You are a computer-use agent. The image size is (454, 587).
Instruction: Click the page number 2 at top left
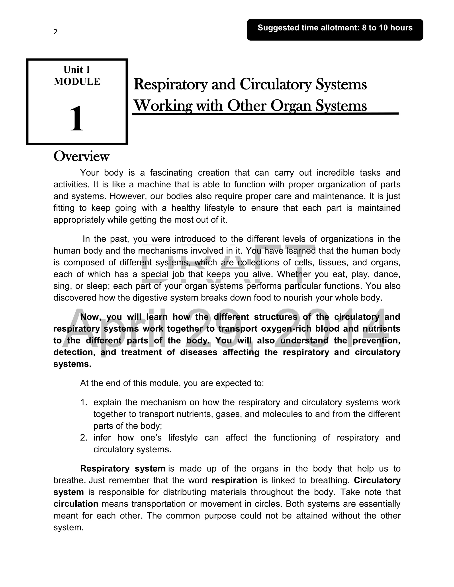pos(55,32)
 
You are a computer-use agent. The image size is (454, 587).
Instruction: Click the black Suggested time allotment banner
pos(335,29)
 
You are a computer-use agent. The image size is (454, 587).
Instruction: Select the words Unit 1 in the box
pos(77,70)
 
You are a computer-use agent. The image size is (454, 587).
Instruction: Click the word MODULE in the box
pos(77,82)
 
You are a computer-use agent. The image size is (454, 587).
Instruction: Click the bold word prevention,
pos(376,340)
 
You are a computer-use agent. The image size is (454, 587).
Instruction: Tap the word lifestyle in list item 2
pos(183,437)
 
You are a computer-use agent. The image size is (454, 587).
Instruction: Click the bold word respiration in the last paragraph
pos(234,480)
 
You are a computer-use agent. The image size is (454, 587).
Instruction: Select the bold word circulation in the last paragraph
pos(76,504)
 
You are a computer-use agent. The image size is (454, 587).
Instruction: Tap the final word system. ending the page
pos(68,528)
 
